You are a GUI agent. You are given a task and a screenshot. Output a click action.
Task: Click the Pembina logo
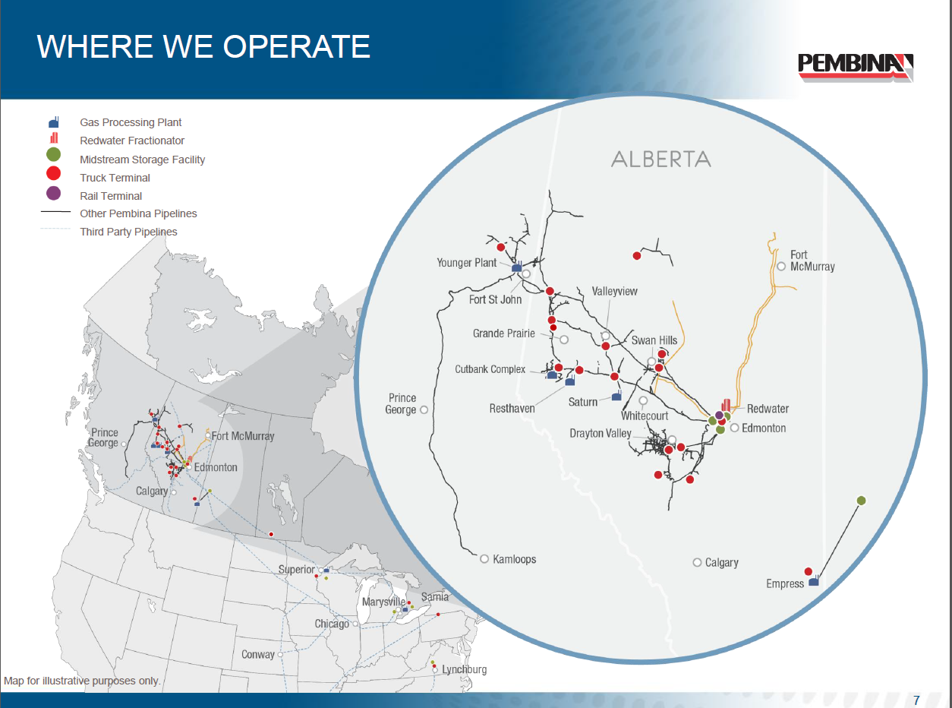(x=856, y=66)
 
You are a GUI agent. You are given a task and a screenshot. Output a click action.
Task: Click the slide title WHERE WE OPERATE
(x=203, y=46)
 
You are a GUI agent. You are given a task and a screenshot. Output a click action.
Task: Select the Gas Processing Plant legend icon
(x=54, y=122)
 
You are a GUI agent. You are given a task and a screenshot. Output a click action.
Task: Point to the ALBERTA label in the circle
(x=661, y=160)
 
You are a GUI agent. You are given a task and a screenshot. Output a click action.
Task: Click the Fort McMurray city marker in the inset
(x=781, y=266)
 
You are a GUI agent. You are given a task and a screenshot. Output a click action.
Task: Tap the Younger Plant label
(x=467, y=263)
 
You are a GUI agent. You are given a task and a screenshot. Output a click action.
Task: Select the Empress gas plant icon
(x=814, y=581)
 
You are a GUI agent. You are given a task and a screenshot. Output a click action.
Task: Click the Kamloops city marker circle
(x=484, y=558)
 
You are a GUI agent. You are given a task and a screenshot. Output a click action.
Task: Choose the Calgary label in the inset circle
(x=721, y=563)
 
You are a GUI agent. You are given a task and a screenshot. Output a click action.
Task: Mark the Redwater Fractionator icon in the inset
(x=726, y=404)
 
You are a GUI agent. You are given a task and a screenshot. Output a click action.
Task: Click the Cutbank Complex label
(x=490, y=370)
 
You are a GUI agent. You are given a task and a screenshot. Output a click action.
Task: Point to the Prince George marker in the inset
(x=424, y=409)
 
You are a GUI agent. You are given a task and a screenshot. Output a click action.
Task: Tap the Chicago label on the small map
(x=332, y=624)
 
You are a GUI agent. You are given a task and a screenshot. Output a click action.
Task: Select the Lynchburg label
(x=464, y=669)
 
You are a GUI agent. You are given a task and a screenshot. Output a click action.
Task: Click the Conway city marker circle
(x=280, y=654)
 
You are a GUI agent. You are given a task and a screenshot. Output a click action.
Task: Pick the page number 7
(x=916, y=700)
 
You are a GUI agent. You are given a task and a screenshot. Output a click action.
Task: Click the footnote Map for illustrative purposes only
(x=82, y=681)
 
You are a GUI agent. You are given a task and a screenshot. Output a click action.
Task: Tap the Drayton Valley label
(x=600, y=434)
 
